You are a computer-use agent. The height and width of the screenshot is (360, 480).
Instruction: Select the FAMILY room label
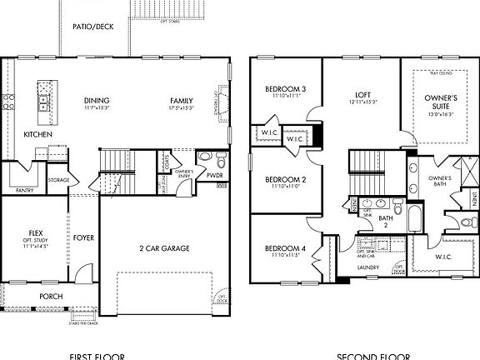[x=182, y=101]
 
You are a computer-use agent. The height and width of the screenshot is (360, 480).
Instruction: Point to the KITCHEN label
[x=38, y=134]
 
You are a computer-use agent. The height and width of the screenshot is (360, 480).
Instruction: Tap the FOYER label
[x=83, y=237]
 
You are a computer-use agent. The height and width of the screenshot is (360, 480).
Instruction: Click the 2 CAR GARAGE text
[x=164, y=247]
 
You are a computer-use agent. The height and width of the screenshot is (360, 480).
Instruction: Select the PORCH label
[x=52, y=296]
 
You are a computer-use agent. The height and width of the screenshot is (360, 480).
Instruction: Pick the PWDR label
[x=215, y=176]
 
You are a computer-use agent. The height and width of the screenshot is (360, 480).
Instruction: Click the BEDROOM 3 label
[x=286, y=89]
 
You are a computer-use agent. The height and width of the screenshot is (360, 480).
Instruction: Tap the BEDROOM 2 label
[x=286, y=179]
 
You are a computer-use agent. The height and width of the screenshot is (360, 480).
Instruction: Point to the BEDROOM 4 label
[x=286, y=248]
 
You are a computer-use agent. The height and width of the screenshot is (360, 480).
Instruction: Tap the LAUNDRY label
[x=368, y=267]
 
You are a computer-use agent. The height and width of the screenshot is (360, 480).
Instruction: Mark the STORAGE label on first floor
[x=58, y=179]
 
